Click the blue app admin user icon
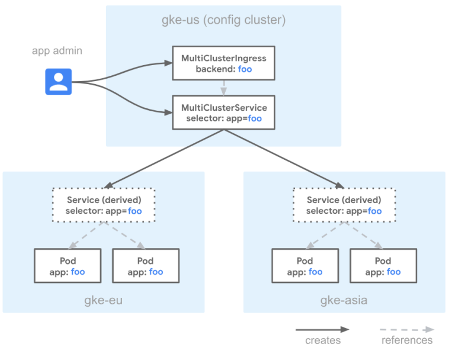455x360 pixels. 58,82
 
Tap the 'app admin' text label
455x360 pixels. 57,51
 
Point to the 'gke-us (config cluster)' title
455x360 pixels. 223,20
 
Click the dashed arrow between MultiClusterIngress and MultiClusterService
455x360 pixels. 223,88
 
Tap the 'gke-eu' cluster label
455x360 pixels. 103,300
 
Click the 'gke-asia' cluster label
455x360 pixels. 344,300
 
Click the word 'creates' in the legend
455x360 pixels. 323,340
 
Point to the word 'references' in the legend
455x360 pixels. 407,340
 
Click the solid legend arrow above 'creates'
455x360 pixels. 322,330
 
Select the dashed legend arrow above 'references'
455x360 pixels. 407,330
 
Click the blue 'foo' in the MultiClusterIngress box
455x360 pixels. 245,69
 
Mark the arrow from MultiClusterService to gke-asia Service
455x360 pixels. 284,159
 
